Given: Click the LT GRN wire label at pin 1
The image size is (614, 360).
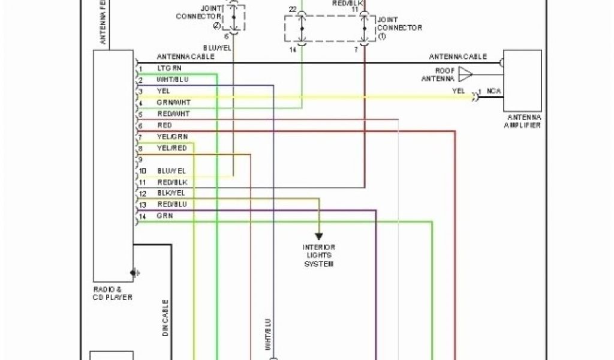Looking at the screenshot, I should pos(168,68).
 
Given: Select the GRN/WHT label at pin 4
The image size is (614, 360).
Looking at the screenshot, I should pos(173,103).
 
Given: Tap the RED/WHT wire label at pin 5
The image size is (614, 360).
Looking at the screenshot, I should pos(173,114).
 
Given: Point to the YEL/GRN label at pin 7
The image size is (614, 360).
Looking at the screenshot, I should pos(171,137).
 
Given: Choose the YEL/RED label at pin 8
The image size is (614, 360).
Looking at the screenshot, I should pos(171,148).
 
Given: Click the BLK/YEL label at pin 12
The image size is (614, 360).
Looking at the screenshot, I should pos(171,193).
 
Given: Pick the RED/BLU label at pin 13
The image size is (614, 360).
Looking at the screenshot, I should pos(171,205).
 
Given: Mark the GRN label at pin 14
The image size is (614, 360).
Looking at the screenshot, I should pos(164,215).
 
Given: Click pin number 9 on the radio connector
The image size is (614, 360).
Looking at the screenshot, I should pos(140,160).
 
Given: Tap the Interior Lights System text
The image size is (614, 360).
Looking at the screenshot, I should pos(318,256).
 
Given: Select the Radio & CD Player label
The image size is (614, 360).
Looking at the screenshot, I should pos(113,293).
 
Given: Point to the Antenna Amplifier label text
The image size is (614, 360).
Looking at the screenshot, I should pos(523,121).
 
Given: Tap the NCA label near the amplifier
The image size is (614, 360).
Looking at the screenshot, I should pos(494,91).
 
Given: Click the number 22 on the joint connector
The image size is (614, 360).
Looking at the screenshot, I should pos(292,10).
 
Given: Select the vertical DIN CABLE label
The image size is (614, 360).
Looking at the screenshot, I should pos(165,317).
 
